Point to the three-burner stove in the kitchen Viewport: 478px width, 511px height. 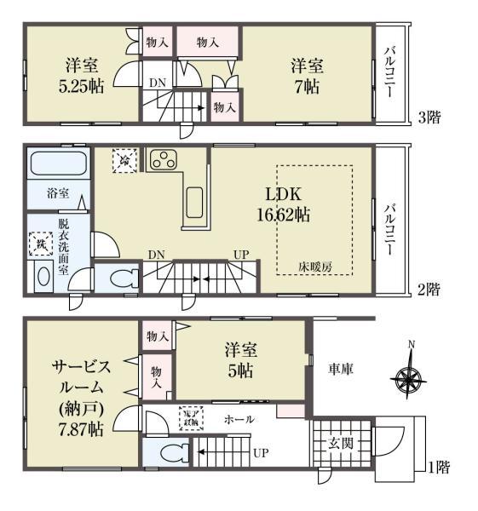[x=162, y=158]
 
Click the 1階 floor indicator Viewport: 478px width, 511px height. [x=438, y=466]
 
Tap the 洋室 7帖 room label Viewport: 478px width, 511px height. [x=308, y=76]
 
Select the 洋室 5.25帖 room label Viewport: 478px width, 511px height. [x=83, y=76]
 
